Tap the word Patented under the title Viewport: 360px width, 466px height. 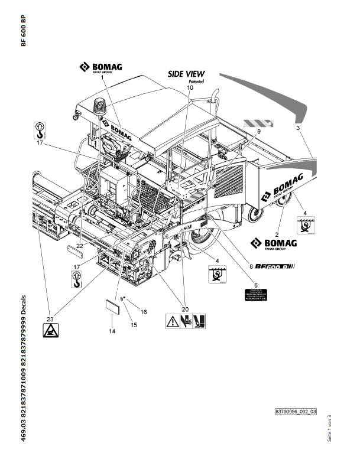(x=195, y=82)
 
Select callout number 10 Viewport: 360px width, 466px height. (x=189, y=87)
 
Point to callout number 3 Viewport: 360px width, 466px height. (x=298, y=128)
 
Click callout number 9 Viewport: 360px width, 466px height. (x=258, y=132)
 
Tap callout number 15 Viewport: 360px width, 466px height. (x=132, y=324)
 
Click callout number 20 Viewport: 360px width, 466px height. (x=184, y=308)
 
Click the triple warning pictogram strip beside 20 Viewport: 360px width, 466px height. (x=184, y=322)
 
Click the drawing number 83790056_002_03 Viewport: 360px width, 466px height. (x=296, y=411)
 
